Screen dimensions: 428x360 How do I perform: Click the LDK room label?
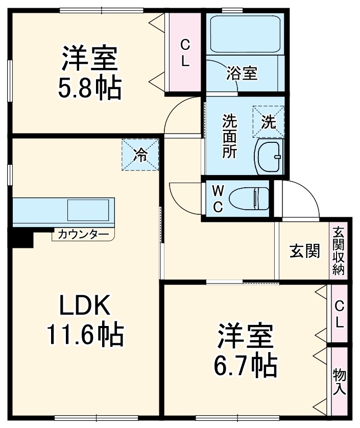[x=85, y=306]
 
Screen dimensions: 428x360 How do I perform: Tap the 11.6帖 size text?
[x=85, y=335]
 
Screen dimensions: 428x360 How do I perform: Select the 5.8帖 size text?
[x=90, y=88]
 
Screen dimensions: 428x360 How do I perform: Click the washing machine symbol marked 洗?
[x=269, y=121]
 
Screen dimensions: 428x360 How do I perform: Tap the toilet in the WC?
[x=249, y=198]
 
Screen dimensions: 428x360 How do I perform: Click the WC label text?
[x=218, y=199]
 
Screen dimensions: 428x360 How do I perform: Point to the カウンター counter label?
[x=83, y=235]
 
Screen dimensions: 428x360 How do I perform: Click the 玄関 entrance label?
[x=305, y=251]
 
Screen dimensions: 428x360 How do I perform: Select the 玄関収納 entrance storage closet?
[x=339, y=251]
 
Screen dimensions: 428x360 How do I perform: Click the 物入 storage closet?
[x=339, y=382]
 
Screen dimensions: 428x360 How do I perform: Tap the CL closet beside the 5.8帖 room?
[x=184, y=54]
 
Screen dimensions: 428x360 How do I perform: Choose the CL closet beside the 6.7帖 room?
[x=339, y=314]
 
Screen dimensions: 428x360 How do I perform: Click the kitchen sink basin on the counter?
[x=88, y=211]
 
